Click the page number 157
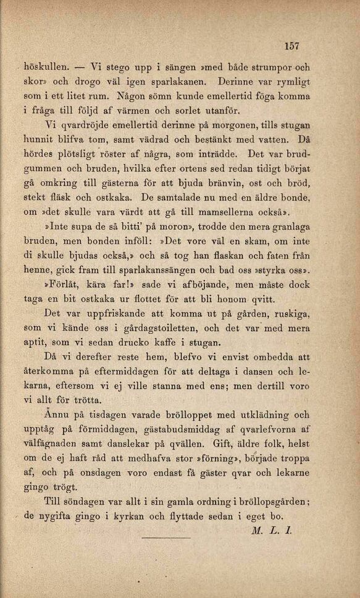click(x=292, y=45)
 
